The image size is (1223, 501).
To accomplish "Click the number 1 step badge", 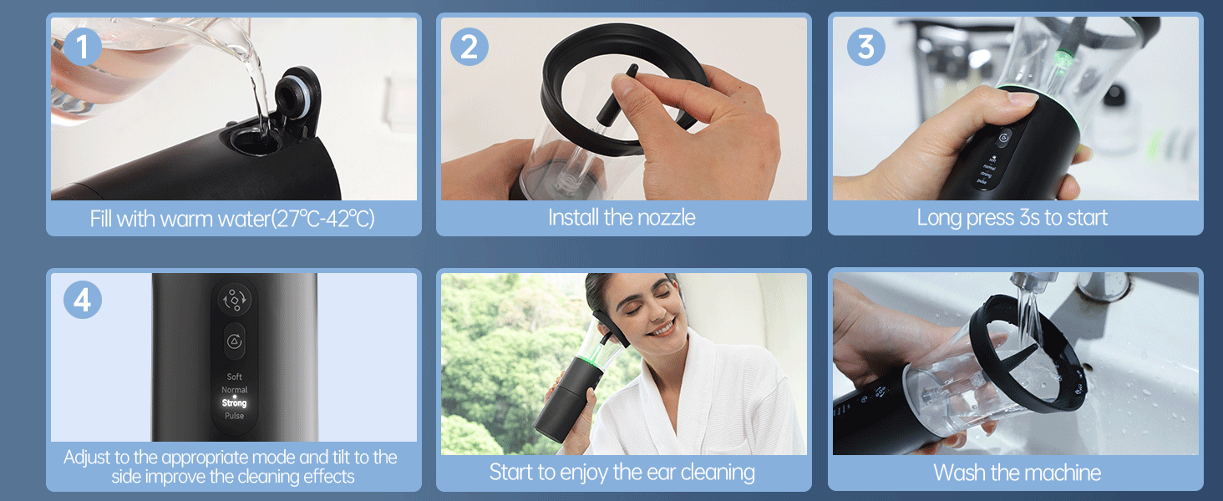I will pyautogui.click(x=82, y=48).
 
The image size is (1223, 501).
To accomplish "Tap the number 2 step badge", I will pyautogui.click(x=469, y=48).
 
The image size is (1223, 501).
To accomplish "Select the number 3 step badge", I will pyautogui.click(x=865, y=48).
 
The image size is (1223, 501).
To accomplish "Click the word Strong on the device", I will pyautogui.click(x=235, y=403).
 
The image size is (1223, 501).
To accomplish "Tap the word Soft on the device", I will pyautogui.click(x=235, y=377).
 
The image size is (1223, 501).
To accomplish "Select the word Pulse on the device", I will pyautogui.click(x=235, y=416).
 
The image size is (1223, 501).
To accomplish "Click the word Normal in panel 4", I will pyautogui.click(x=235, y=390).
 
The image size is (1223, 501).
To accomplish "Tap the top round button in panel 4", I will pyautogui.click(x=234, y=299).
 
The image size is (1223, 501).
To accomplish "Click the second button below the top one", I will pyautogui.click(x=235, y=341).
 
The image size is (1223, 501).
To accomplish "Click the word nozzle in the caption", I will pyautogui.click(x=664, y=218).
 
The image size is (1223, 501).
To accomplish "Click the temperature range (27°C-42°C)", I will pyautogui.click(x=325, y=219).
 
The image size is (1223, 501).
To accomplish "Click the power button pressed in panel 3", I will pyautogui.click(x=1003, y=138).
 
